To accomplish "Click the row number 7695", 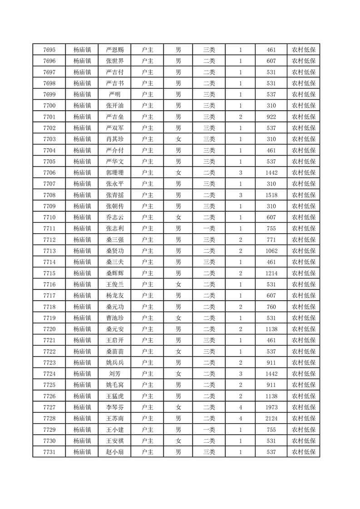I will click(49, 50).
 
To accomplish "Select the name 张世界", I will click(114, 61).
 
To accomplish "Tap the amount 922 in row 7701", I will click(271, 117).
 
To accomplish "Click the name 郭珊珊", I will click(114, 172).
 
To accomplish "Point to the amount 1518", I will click(271, 195).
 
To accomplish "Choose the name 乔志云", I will click(114, 217).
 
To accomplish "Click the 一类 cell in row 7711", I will click(209, 228).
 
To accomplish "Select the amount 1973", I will click(271, 407).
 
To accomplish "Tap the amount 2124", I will click(271, 418).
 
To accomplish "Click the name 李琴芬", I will click(114, 407).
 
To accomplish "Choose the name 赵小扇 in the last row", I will click(114, 452).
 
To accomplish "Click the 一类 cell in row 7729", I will click(209, 430).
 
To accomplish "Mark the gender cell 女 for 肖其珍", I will click(178, 139).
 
